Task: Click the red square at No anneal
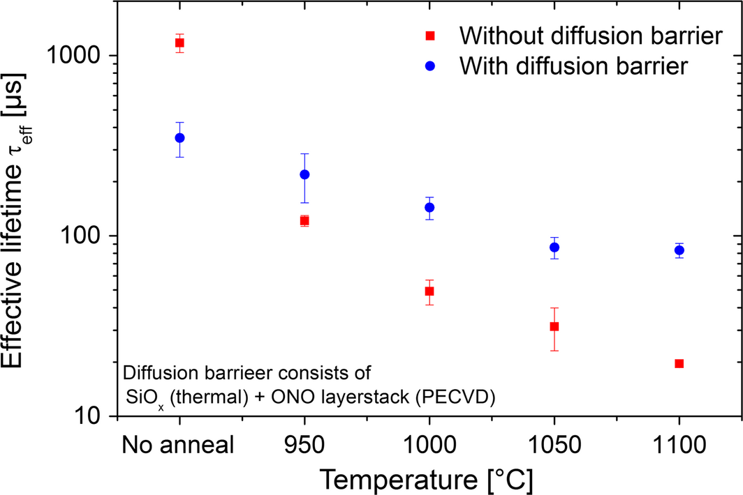coord(179,43)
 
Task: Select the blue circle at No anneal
coord(179,138)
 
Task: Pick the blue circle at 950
coord(304,174)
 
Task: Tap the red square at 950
coord(304,221)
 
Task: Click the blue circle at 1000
coord(429,207)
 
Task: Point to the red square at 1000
coord(429,291)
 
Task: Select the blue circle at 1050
coord(554,247)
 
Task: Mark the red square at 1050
coord(554,326)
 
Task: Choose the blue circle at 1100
coord(679,250)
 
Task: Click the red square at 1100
coord(679,363)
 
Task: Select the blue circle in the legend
coord(431,66)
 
